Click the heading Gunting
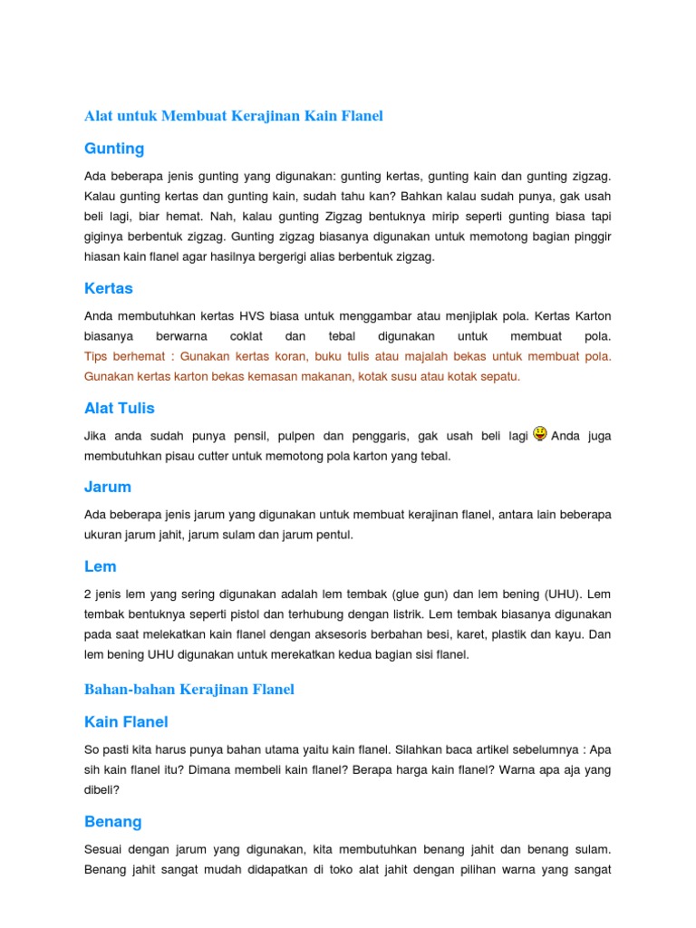114,148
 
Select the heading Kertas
109,288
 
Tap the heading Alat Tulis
118,409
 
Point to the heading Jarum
108,487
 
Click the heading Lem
101,566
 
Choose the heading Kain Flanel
126,722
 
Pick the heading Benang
113,822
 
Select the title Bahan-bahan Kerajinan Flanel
189,690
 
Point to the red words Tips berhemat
124,356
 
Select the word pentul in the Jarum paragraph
333,535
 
